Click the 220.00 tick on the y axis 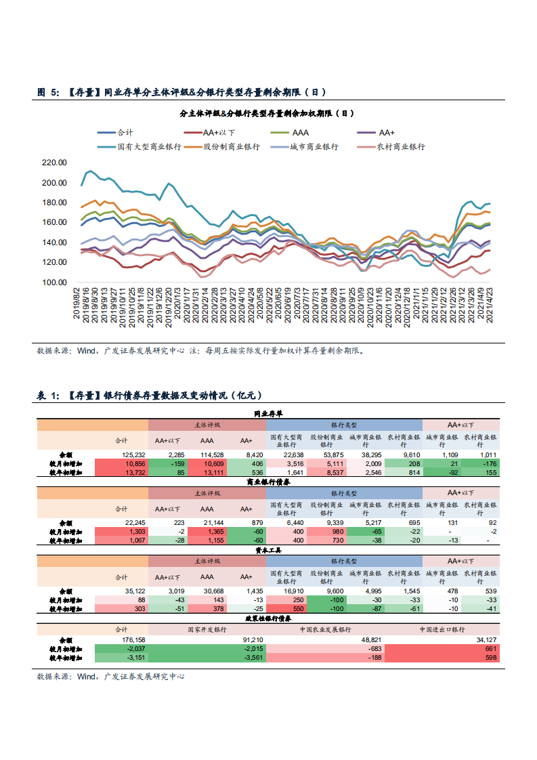point(53,163)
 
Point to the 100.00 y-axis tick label point(53,282)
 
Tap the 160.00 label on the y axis point(53,222)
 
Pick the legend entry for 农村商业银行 point(401,146)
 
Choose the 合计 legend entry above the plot point(125,133)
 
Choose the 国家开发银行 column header point(207,629)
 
